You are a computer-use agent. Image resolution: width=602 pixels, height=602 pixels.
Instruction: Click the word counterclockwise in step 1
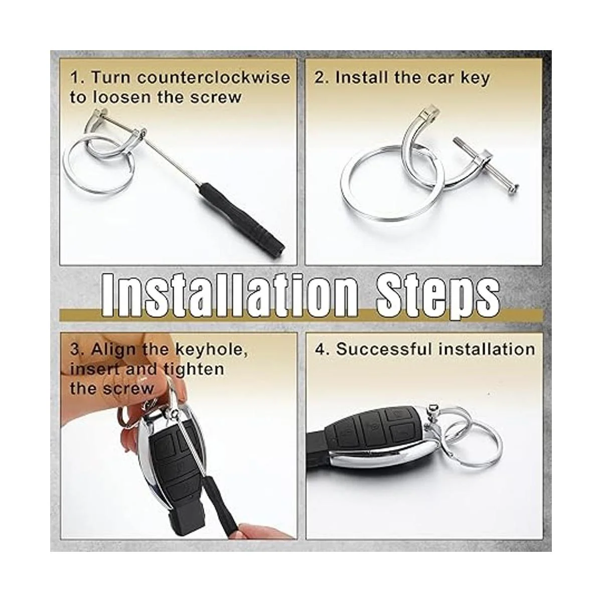(213, 77)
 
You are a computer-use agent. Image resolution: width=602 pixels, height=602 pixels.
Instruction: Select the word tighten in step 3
(194, 370)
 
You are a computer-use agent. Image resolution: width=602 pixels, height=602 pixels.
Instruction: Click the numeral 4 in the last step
(320, 349)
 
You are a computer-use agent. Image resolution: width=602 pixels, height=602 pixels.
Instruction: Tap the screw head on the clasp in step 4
(432, 407)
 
